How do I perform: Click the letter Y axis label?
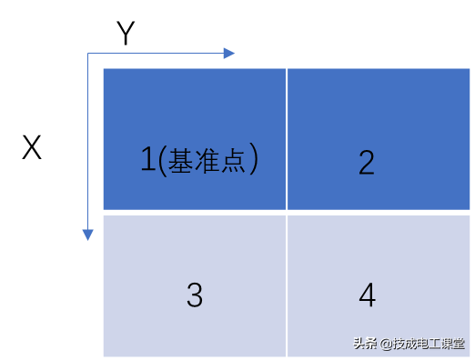126,33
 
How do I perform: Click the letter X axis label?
32,147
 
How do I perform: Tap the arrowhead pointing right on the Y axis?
229,54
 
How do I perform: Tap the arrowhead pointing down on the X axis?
87,235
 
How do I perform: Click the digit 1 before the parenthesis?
148,159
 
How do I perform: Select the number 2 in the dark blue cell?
367,163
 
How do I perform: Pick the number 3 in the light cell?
195,295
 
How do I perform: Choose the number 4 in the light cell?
368,295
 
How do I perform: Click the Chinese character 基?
180,161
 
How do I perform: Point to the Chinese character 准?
207,161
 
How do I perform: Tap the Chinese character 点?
233,161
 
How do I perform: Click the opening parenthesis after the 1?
163,161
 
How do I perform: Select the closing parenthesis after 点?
254,159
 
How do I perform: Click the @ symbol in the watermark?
386,345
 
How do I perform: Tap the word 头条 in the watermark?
365,344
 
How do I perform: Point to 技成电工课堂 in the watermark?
429,344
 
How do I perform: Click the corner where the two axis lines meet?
87,54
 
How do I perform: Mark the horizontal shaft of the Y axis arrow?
156,54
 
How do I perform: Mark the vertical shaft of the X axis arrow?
87,142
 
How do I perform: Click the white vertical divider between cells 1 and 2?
287,139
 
